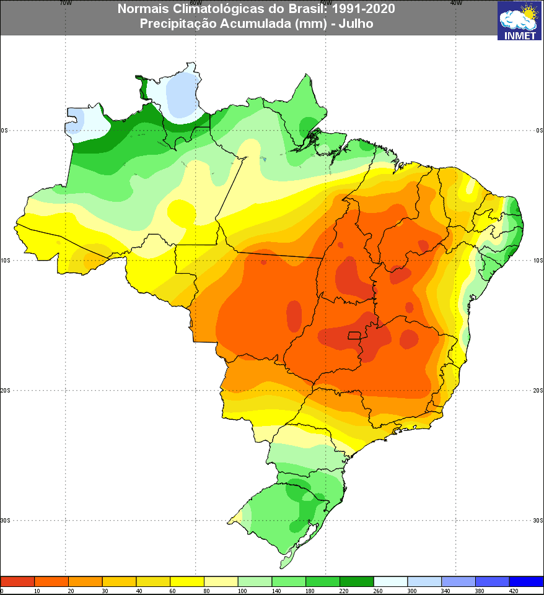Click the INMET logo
pos(519,20)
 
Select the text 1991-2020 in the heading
pos(364,9)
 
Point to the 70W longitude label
pos(64,2)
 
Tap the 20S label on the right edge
pos(538,391)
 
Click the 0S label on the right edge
pos(539,131)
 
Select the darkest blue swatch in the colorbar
pos(526,581)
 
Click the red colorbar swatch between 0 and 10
pos(17,581)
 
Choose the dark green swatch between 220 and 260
pos(356,581)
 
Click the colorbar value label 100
pos(238,591)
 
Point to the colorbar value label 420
pos(509,591)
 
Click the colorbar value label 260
pos(374,591)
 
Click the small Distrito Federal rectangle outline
pos(354,336)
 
